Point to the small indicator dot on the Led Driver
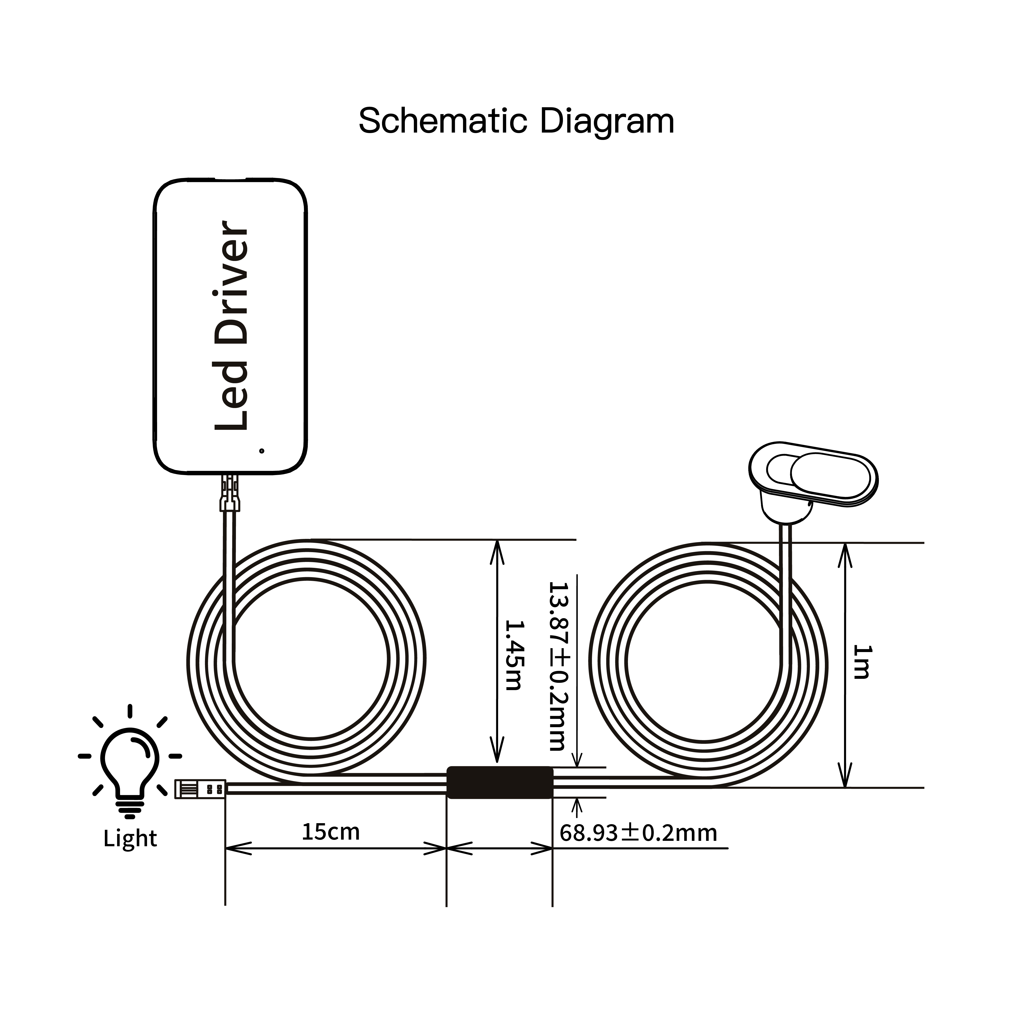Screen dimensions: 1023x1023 [x=261, y=450]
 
